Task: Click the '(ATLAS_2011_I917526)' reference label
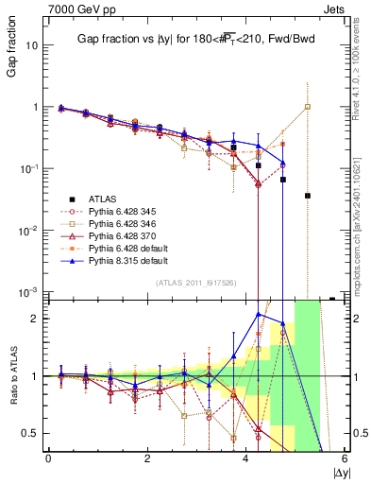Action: point(196,285)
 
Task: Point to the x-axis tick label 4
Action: point(246,458)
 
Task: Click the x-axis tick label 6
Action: point(345,458)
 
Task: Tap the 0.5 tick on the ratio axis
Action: point(30,433)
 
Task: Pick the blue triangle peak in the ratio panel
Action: point(259,313)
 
